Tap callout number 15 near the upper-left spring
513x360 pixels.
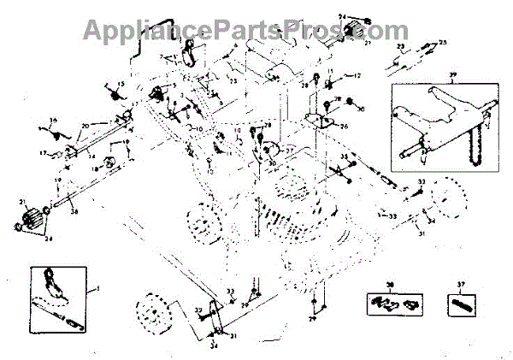[121, 84]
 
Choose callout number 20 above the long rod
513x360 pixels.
[85, 126]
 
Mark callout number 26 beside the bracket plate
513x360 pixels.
[345, 127]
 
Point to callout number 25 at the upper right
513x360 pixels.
[443, 42]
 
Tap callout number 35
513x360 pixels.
[345, 157]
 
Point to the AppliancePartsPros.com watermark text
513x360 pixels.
[245, 30]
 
